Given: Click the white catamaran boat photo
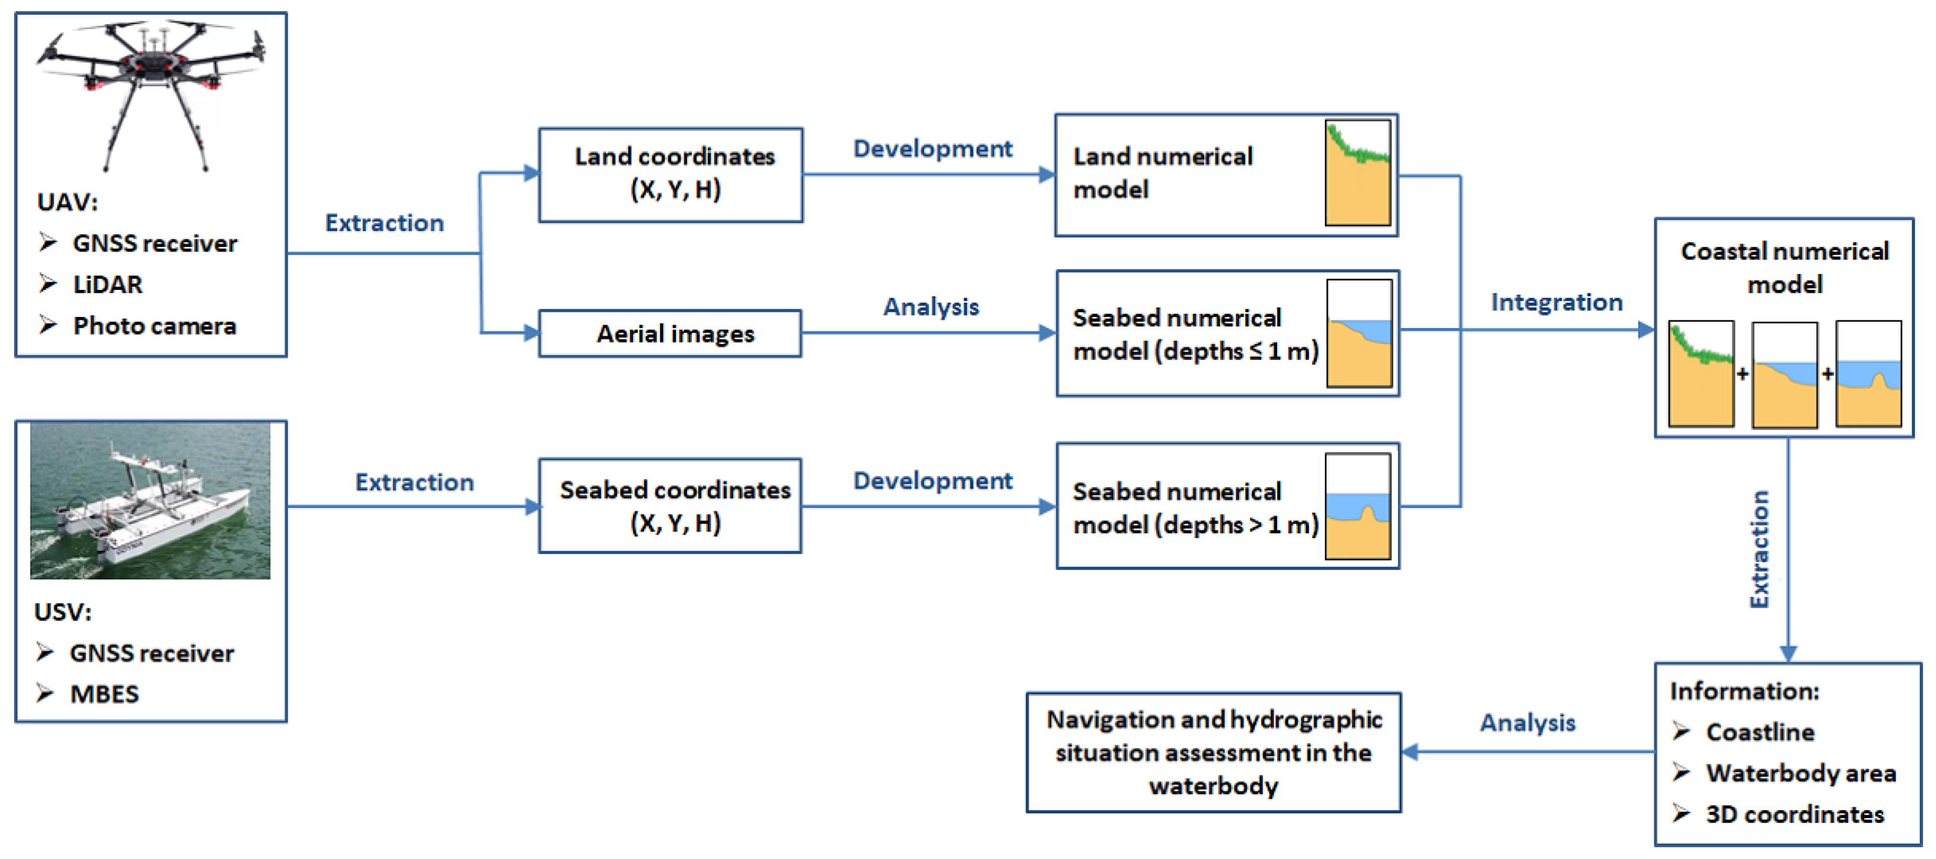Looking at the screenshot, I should (150, 500).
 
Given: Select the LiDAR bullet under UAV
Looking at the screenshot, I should (107, 285).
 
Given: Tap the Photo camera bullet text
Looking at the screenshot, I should (154, 326).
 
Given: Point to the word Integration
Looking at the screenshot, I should (1556, 302).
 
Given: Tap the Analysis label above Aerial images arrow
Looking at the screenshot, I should (931, 306).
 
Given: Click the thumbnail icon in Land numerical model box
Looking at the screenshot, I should (1357, 173).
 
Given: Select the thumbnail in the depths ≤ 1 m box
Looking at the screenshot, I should (1359, 333).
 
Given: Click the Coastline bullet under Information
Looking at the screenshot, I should (1759, 732).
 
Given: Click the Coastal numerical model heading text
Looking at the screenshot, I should (1784, 267).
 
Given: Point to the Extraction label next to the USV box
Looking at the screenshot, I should (414, 483).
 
